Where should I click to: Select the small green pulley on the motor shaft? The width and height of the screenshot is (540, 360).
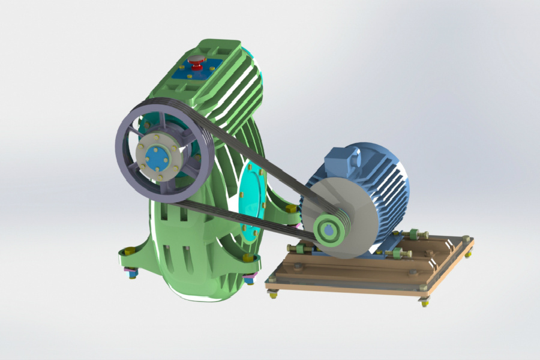[x=329, y=229]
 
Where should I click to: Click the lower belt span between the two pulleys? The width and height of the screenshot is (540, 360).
[x=252, y=219]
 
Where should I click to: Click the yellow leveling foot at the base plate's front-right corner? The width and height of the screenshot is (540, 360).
[x=425, y=300]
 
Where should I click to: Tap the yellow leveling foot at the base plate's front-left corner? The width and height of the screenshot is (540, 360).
[x=273, y=292]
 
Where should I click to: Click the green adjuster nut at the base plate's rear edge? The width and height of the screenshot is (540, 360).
[x=414, y=235]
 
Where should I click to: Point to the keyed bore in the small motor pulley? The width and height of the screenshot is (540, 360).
[x=329, y=230]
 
